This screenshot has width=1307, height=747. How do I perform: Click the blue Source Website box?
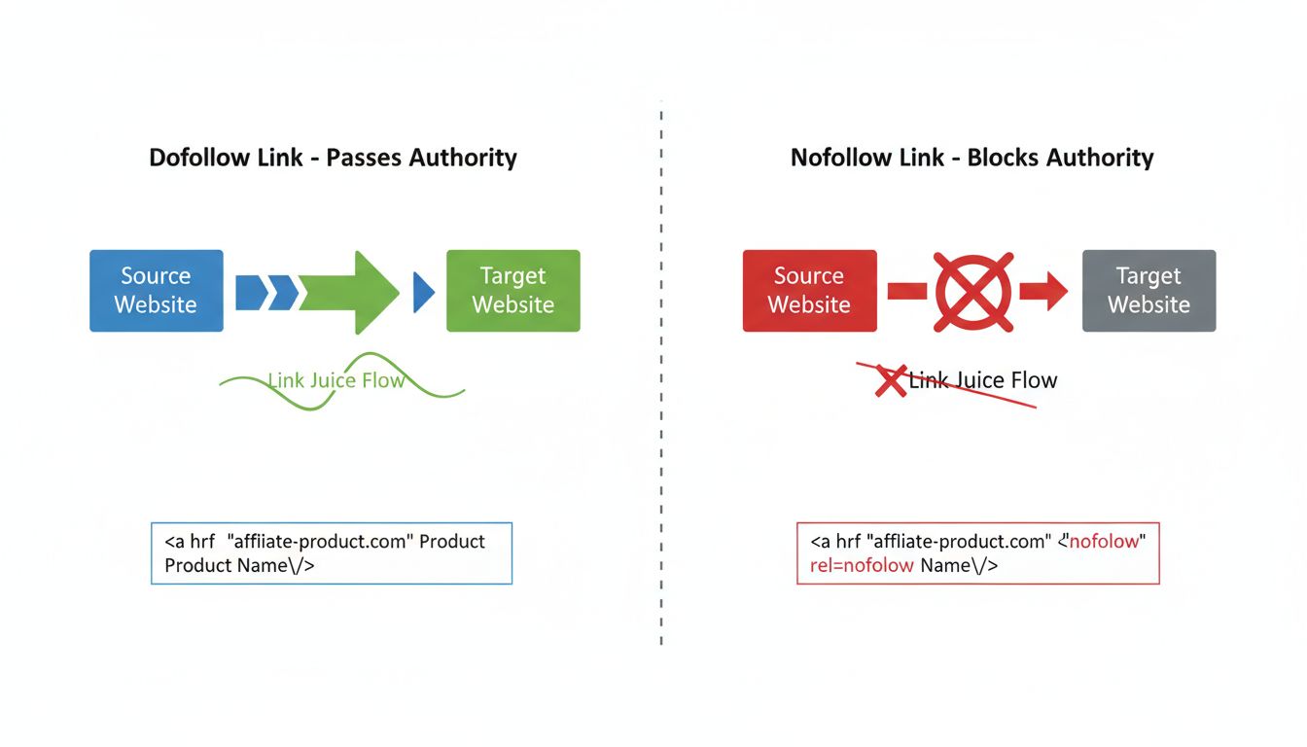(x=156, y=291)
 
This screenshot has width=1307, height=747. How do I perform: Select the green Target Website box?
(x=512, y=291)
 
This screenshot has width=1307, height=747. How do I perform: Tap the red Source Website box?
(x=809, y=291)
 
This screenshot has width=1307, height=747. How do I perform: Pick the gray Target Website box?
(x=1148, y=291)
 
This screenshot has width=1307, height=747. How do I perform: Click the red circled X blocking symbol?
(x=972, y=292)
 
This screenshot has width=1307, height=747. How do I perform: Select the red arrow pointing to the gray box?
(x=1043, y=292)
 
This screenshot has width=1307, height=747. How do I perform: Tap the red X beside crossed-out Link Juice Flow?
(x=890, y=381)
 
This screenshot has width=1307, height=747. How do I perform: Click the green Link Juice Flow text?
(x=336, y=380)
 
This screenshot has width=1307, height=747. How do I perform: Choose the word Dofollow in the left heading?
(x=195, y=158)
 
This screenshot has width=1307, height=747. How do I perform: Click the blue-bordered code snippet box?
(x=332, y=553)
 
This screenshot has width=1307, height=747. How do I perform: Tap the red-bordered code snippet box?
(x=977, y=553)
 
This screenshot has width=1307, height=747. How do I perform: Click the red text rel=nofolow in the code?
(x=861, y=565)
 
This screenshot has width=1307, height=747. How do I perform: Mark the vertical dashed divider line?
(x=661, y=370)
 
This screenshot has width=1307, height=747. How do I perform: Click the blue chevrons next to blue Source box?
(x=266, y=292)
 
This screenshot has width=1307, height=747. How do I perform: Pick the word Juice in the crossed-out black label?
(x=981, y=380)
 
